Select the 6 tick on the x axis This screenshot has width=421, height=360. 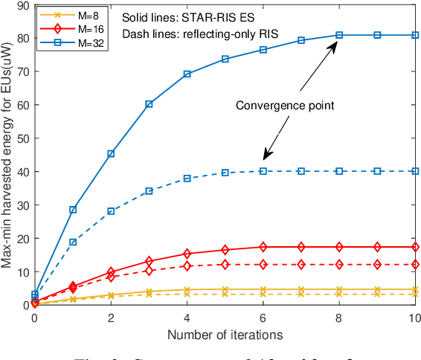(263, 317)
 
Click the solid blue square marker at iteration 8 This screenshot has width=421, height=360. (339, 35)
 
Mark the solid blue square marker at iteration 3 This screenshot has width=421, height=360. (149, 104)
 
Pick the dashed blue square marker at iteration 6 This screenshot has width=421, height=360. (263, 171)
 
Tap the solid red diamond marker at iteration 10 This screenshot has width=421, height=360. (415, 247)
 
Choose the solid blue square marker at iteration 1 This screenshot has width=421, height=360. (73, 210)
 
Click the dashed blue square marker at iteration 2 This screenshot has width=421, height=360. (111, 211)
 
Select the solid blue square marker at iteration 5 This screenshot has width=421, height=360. (225, 59)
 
